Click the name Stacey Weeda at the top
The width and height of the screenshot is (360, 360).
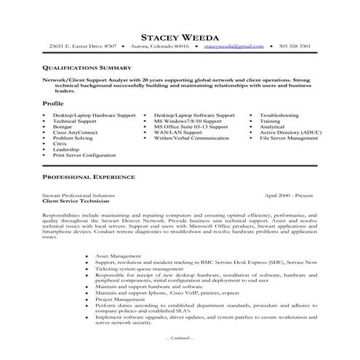tap(180, 32)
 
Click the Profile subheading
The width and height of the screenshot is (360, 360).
tap(53, 104)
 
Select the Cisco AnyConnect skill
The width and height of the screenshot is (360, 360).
tap(73, 132)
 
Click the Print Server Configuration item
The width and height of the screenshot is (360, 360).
tap(84, 155)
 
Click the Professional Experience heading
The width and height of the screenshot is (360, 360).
tap(88, 177)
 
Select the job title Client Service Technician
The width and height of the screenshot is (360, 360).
tap(77, 201)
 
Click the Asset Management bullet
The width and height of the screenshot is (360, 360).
tap(132, 256)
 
